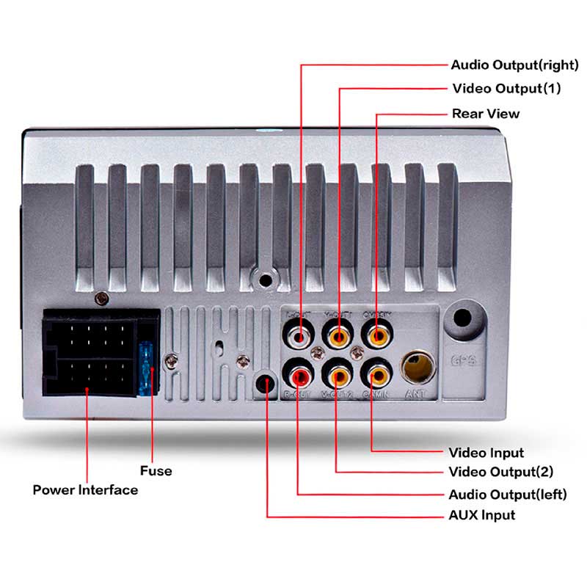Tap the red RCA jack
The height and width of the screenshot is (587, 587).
[300, 377]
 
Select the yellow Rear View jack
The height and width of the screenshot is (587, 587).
[377, 338]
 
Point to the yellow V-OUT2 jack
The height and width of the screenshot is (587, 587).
[339, 377]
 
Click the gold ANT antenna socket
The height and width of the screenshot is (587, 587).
[415, 366]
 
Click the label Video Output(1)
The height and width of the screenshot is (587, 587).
[506, 89]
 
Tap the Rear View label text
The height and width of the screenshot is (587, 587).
[485, 114]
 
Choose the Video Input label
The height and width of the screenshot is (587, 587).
[486, 452]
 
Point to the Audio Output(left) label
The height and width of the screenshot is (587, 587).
[507, 494]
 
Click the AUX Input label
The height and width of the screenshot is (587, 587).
[481, 515]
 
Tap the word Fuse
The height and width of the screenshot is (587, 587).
[156, 470]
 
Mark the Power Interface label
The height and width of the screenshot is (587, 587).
[85, 489]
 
